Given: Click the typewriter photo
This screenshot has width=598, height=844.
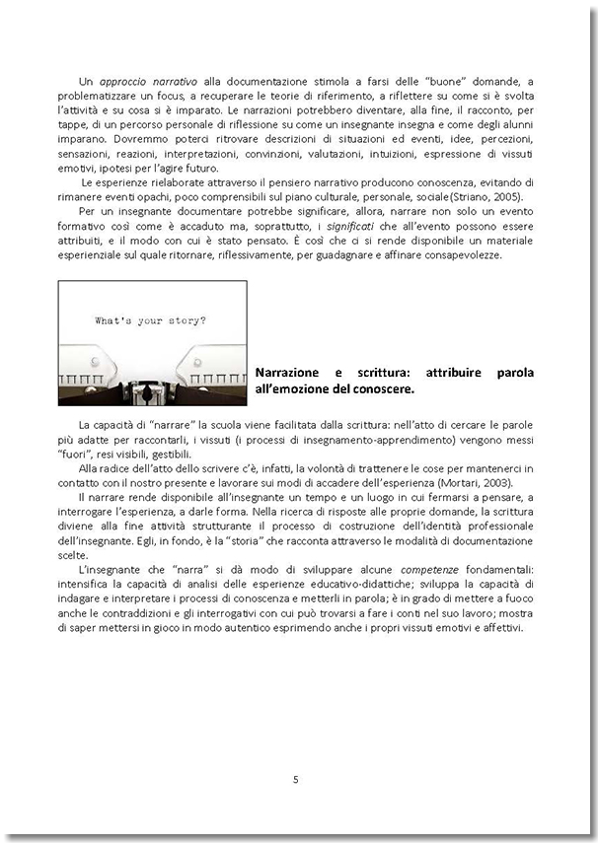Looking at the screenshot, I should (152, 342).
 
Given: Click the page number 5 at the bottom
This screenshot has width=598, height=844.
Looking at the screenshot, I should (295, 779).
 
